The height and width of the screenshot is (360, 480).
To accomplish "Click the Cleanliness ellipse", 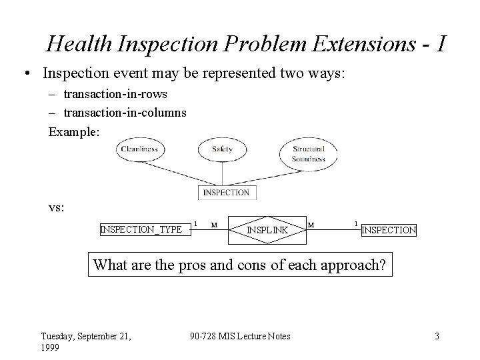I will [x=139, y=150].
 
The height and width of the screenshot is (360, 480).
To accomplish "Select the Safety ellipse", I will [x=221, y=150].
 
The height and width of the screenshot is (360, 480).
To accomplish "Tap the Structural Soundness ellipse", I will [x=308, y=153].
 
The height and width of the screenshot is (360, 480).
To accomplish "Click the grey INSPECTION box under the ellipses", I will [x=226, y=192].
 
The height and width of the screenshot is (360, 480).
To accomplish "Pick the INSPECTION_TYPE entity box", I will [x=141, y=229].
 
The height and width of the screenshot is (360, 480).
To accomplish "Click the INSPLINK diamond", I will [x=267, y=230].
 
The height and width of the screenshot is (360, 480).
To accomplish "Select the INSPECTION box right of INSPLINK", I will [x=389, y=230].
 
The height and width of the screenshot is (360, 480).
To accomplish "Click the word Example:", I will [x=74, y=131].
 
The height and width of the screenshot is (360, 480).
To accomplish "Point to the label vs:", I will [x=57, y=207].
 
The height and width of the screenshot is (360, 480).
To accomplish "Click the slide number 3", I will [x=437, y=336].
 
